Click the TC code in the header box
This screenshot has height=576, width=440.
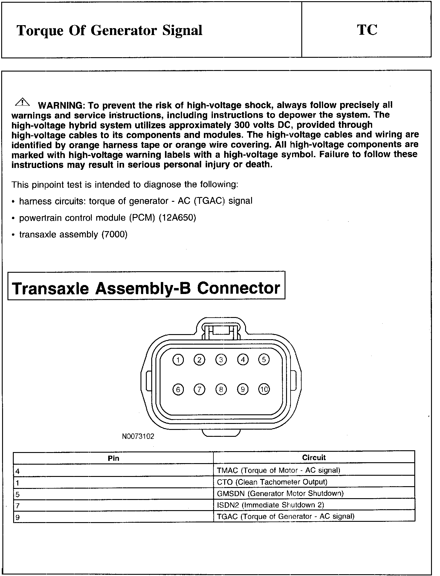(367, 30)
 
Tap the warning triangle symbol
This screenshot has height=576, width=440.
(22, 102)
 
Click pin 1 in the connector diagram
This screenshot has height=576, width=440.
(178, 360)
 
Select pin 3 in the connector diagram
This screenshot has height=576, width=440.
(221, 360)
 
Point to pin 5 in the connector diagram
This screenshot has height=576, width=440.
(264, 359)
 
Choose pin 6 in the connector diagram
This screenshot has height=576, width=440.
(178, 389)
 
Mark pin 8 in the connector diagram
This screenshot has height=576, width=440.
(221, 389)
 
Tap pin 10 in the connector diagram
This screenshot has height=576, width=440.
(264, 389)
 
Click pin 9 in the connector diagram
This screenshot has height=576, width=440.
(242, 389)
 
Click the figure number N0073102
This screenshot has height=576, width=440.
(138, 436)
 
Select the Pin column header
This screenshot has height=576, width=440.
(113, 458)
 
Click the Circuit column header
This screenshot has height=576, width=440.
(314, 457)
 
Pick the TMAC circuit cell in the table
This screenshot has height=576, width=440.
(279, 470)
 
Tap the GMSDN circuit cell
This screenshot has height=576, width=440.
(280, 493)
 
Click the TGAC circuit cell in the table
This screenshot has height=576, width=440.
(285, 516)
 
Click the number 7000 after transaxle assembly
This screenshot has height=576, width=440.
(114, 234)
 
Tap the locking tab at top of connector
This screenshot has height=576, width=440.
(221, 331)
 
